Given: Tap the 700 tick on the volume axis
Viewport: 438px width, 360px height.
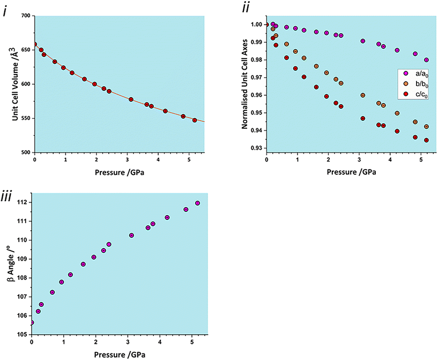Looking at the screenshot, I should point(25,16).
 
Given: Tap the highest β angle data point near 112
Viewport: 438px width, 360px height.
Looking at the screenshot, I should point(197,203).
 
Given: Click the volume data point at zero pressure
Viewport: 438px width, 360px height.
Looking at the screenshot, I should point(35,45).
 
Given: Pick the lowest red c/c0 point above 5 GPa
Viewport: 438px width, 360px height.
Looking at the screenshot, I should point(426,140).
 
